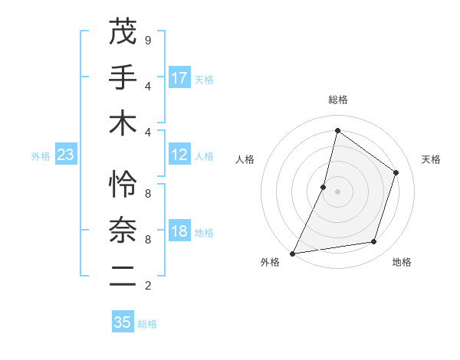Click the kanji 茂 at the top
pos(123,32)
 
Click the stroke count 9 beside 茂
pos(148,40)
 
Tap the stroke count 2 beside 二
pos(148,286)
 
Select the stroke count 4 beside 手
pos(148,86)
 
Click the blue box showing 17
pos(179,78)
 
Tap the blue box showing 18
pos(179,232)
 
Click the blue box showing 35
pos(123,322)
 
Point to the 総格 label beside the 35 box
pos(147,324)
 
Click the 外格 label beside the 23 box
pos(41,156)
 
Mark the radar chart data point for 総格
pos(337,130)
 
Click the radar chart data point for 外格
pos(293,253)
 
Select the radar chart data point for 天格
pos(396,172)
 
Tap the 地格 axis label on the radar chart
pos(402,263)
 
